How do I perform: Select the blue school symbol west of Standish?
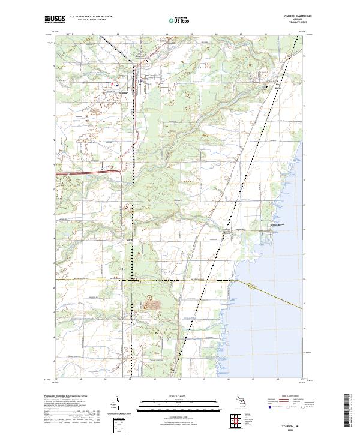(113, 84)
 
